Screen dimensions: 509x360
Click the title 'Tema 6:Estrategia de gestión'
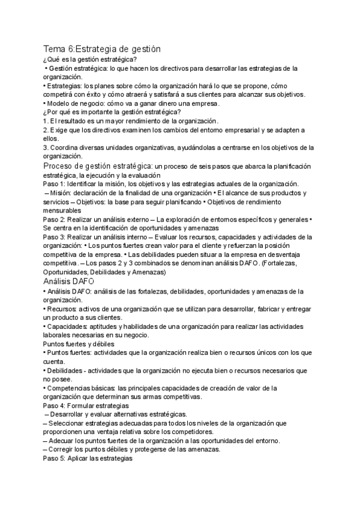pos(101,49)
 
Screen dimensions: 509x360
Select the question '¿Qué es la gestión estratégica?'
pos(90,59)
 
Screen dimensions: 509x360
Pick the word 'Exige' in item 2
pos(59,130)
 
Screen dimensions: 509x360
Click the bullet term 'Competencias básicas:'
pos(80,388)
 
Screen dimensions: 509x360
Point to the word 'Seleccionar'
pos(71,423)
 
